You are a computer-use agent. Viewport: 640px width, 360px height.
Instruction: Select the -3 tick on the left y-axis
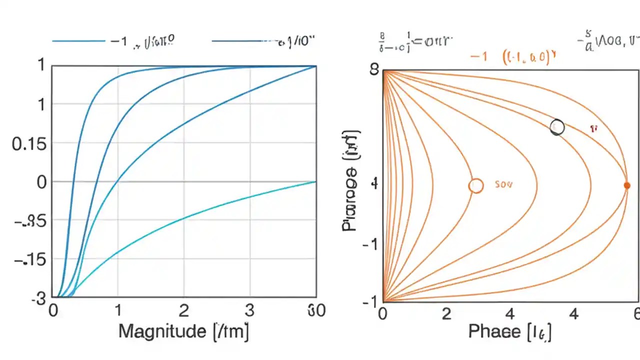pyautogui.click(x=38, y=298)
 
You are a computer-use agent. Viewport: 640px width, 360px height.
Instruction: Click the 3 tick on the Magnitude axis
pyautogui.click(x=249, y=311)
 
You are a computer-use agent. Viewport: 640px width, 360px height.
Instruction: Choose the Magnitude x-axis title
pyautogui.click(x=183, y=331)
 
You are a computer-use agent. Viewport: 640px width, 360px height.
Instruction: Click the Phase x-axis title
pyautogui.click(x=509, y=331)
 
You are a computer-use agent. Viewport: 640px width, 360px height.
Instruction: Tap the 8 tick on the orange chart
pyautogui.click(x=373, y=69)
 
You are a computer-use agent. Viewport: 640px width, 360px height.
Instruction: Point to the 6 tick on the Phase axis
pyautogui.click(x=636, y=314)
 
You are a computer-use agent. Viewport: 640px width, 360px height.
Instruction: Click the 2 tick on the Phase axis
pyautogui.click(x=446, y=314)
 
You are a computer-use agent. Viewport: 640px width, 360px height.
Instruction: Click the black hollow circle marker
pyautogui.click(x=557, y=127)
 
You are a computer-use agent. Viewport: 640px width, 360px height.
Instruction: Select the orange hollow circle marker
pyautogui.click(x=476, y=186)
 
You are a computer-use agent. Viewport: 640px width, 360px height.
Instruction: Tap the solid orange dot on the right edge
pyautogui.click(x=627, y=185)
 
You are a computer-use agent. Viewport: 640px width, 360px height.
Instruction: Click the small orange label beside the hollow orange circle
pyautogui.click(x=503, y=184)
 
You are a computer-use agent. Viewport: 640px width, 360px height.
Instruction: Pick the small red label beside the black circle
pyautogui.click(x=593, y=128)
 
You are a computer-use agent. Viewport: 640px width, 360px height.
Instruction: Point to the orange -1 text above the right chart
pyautogui.click(x=478, y=56)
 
